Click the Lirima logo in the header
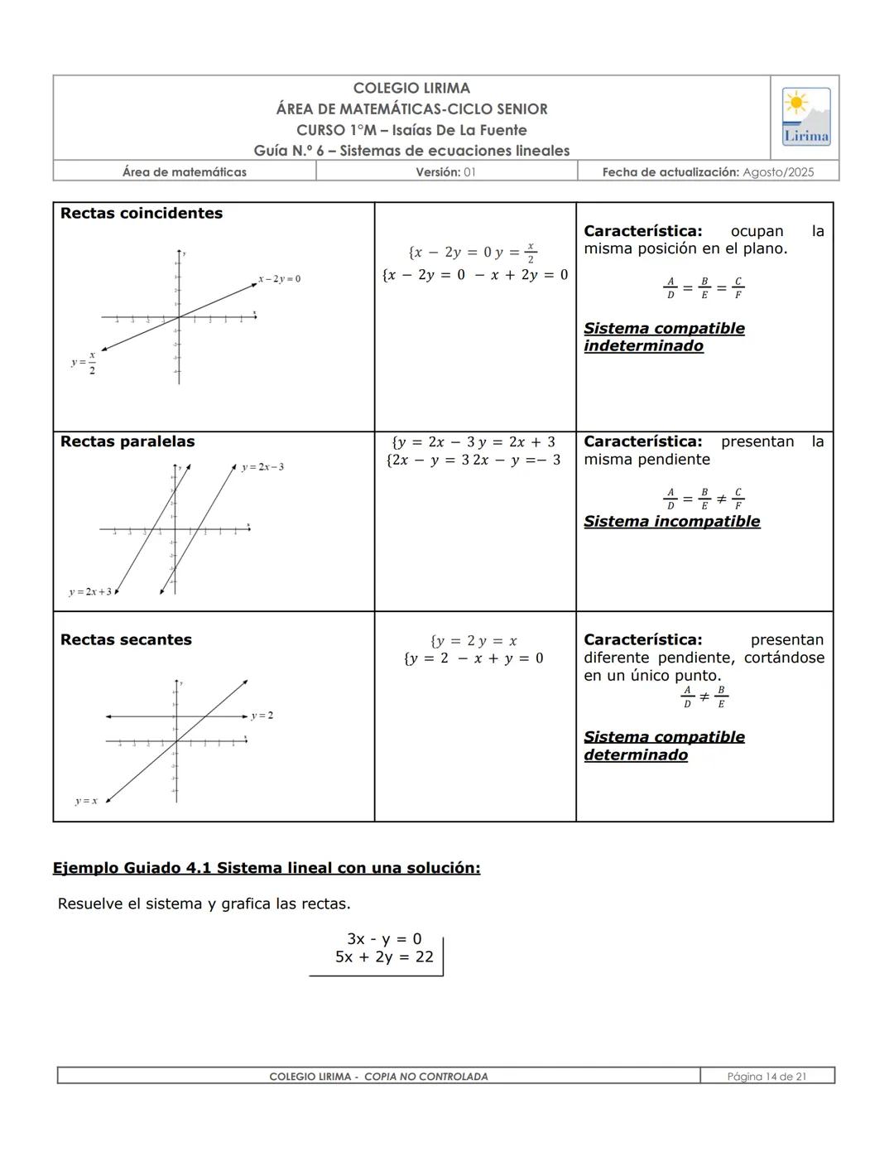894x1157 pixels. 805,117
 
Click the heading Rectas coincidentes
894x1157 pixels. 142,214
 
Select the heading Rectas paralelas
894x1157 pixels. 127,442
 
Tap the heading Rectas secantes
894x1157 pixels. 126,640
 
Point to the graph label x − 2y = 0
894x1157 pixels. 279,279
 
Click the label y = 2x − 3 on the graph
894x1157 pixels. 262,467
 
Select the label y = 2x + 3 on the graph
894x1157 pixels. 89,592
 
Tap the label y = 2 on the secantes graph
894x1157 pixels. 262,716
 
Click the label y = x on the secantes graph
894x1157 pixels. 86,801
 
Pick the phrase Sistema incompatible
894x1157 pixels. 671,522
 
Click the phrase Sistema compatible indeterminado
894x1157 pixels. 663,337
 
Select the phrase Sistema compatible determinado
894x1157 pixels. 663,746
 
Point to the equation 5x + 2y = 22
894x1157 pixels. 384,957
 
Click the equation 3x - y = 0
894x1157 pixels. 384,939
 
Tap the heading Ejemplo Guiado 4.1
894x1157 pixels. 266,868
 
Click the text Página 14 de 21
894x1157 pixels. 767,1077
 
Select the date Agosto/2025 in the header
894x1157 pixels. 778,172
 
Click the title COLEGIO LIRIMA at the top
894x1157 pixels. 411,89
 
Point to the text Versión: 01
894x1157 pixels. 446,172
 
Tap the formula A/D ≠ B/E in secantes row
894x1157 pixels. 704,697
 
